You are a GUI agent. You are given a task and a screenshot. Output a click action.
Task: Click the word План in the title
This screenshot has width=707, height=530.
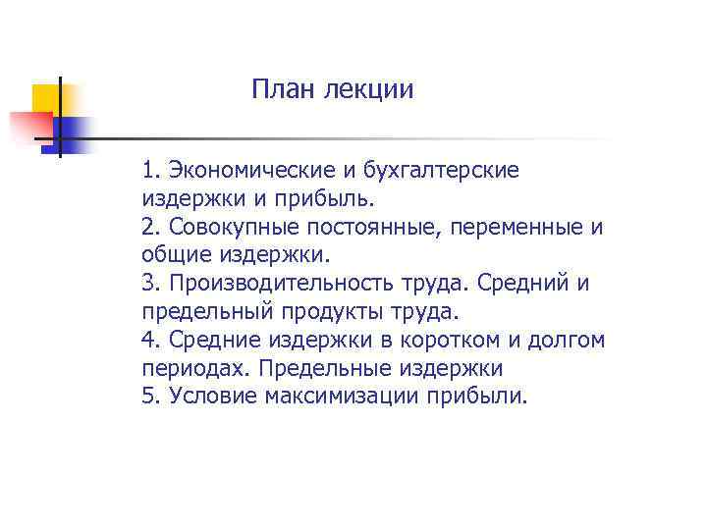280,90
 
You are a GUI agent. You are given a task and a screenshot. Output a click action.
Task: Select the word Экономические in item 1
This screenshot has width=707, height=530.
245,170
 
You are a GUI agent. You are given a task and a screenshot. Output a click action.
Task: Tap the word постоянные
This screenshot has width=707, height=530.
369,227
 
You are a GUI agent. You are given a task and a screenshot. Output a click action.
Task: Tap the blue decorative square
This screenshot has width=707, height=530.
74,132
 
